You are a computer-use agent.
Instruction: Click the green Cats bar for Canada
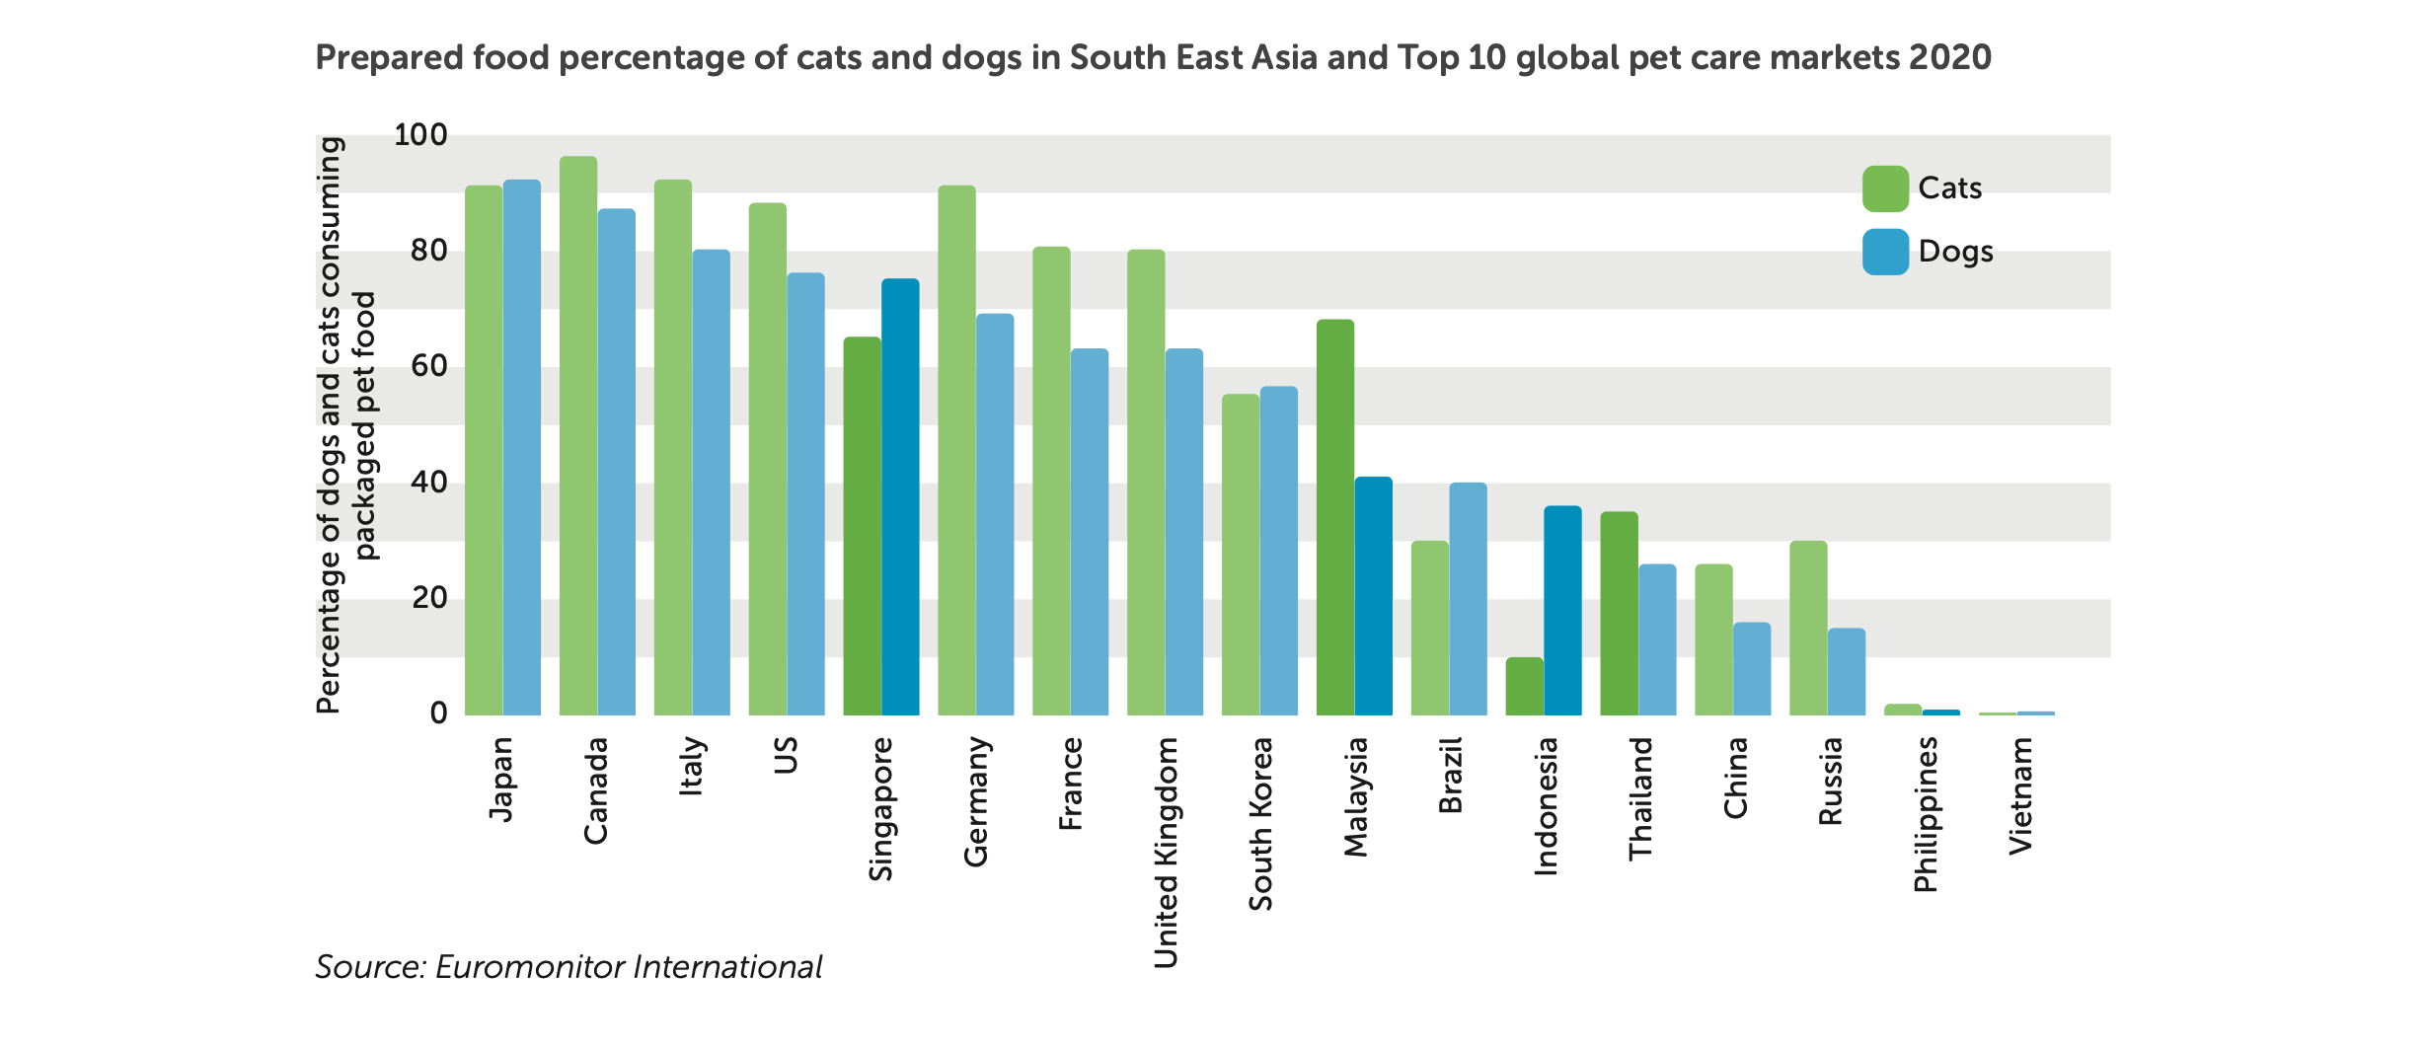(x=578, y=435)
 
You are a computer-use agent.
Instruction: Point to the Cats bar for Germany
(x=956, y=450)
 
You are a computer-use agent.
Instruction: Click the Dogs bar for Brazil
(x=1468, y=598)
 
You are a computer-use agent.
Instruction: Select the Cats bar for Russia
(x=1808, y=628)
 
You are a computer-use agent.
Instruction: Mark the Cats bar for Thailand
(x=1619, y=613)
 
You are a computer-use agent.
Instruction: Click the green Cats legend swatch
(x=1885, y=188)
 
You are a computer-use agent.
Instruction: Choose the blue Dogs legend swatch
(x=1885, y=252)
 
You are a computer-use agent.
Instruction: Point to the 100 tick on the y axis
(x=420, y=135)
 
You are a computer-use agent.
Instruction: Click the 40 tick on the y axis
(x=428, y=483)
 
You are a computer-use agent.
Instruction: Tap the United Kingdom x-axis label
(x=1166, y=853)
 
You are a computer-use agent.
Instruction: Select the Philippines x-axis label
(x=1926, y=814)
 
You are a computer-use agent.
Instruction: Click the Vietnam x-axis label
(x=2020, y=795)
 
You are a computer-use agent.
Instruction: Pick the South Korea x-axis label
(x=1260, y=823)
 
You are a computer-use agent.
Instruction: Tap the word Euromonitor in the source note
(x=529, y=967)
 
